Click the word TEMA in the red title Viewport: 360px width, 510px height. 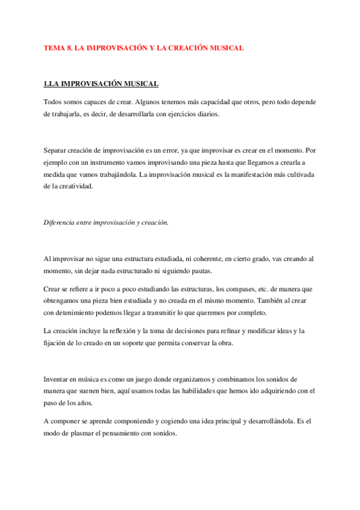tap(54, 48)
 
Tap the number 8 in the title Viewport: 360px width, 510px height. tap(69, 48)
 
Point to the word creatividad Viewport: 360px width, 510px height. tap(76, 186)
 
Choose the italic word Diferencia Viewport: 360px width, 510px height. tap(60, 222)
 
